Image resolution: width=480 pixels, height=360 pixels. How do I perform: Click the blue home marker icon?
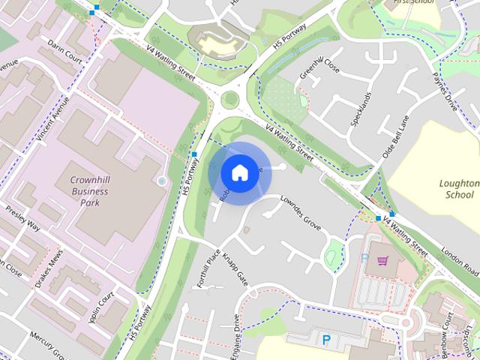pyautogui.click(x=238, y=172)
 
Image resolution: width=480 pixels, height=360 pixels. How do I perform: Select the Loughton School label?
pyautogui.click(x=459, y=189)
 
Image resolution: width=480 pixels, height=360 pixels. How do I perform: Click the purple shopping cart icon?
pyautogui.click(x=383, y=261)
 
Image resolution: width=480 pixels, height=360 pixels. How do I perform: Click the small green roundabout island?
pyautogui.click(x=230, y=99)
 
